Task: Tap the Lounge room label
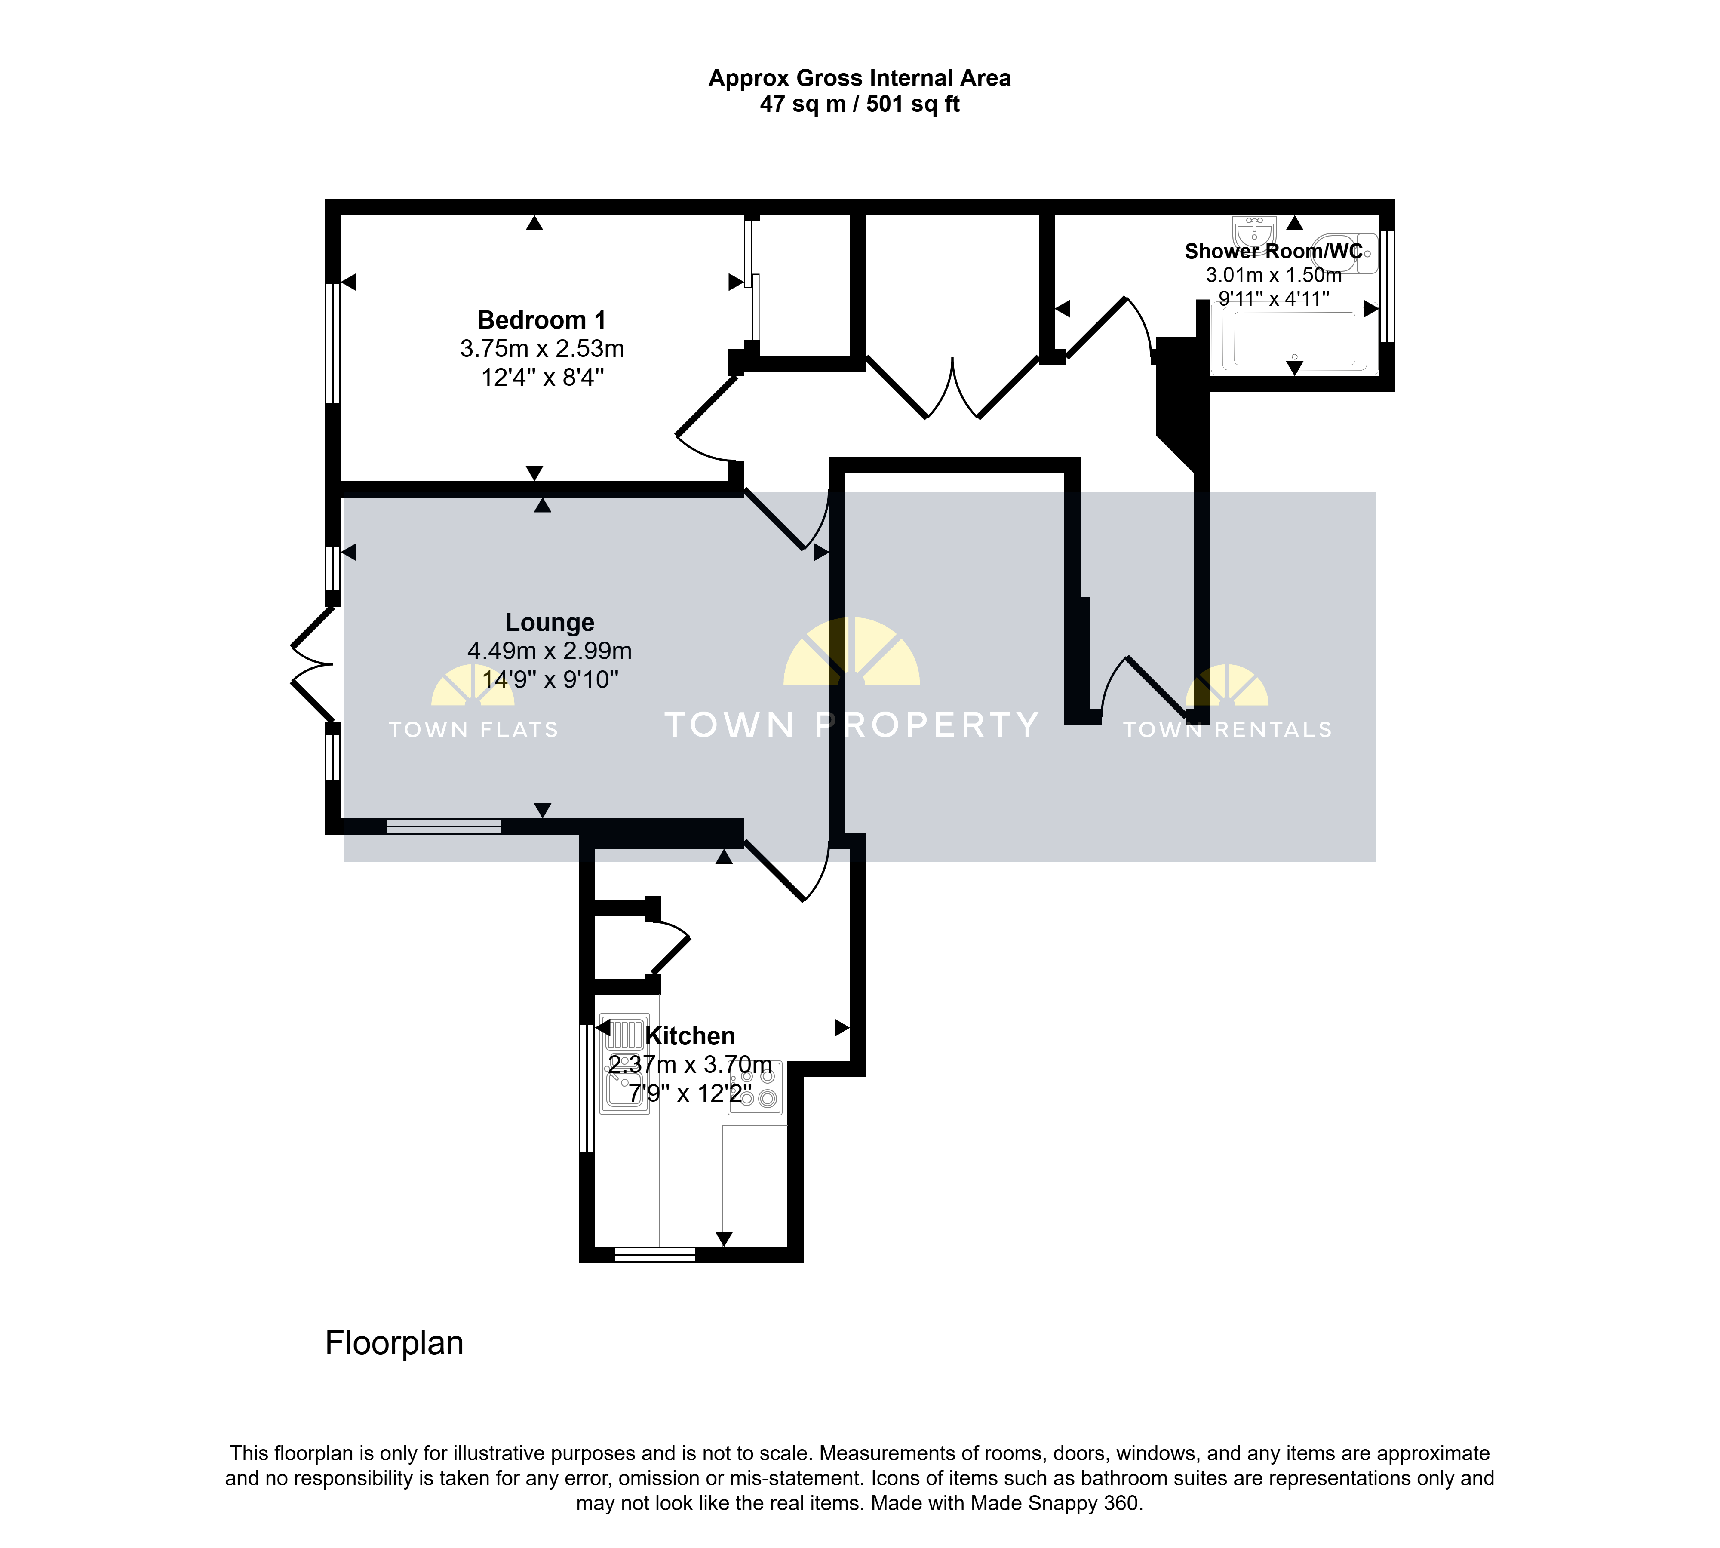[550, 623]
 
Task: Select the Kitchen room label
[690, 1036]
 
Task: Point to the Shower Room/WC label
[1273, 251]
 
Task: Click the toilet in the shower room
[1346, 252]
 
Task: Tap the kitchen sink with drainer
[625, 1063]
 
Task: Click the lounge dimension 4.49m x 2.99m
[550, 651]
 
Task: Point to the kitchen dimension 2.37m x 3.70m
[690, 1065]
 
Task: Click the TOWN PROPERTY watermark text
[851, 725]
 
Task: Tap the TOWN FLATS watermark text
[474, 730]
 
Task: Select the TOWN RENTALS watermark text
[1228, 730]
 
